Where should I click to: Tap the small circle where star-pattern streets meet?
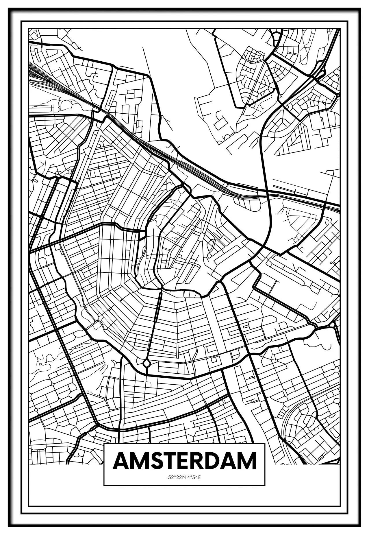tap(55, 126)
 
